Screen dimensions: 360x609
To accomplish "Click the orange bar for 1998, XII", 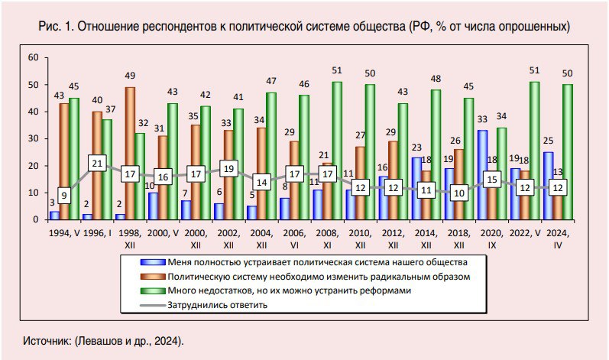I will pyautogui.click(x=130, y=153).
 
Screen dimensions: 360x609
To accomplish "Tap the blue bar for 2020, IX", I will pyautogui.click(x=481, y=175).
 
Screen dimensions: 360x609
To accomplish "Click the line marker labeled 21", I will pyautogui.click(x=97, y=164).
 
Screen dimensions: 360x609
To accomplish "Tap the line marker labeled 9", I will pyautogui.click(x=64, y=195).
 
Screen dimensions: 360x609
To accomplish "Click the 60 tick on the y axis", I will pyautogui.click(x=33, y=58).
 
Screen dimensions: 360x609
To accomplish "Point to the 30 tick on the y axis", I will pyautogui.click(x=33, y=139).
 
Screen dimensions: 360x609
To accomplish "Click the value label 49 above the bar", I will pyautogui.click(x=130, y=75).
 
